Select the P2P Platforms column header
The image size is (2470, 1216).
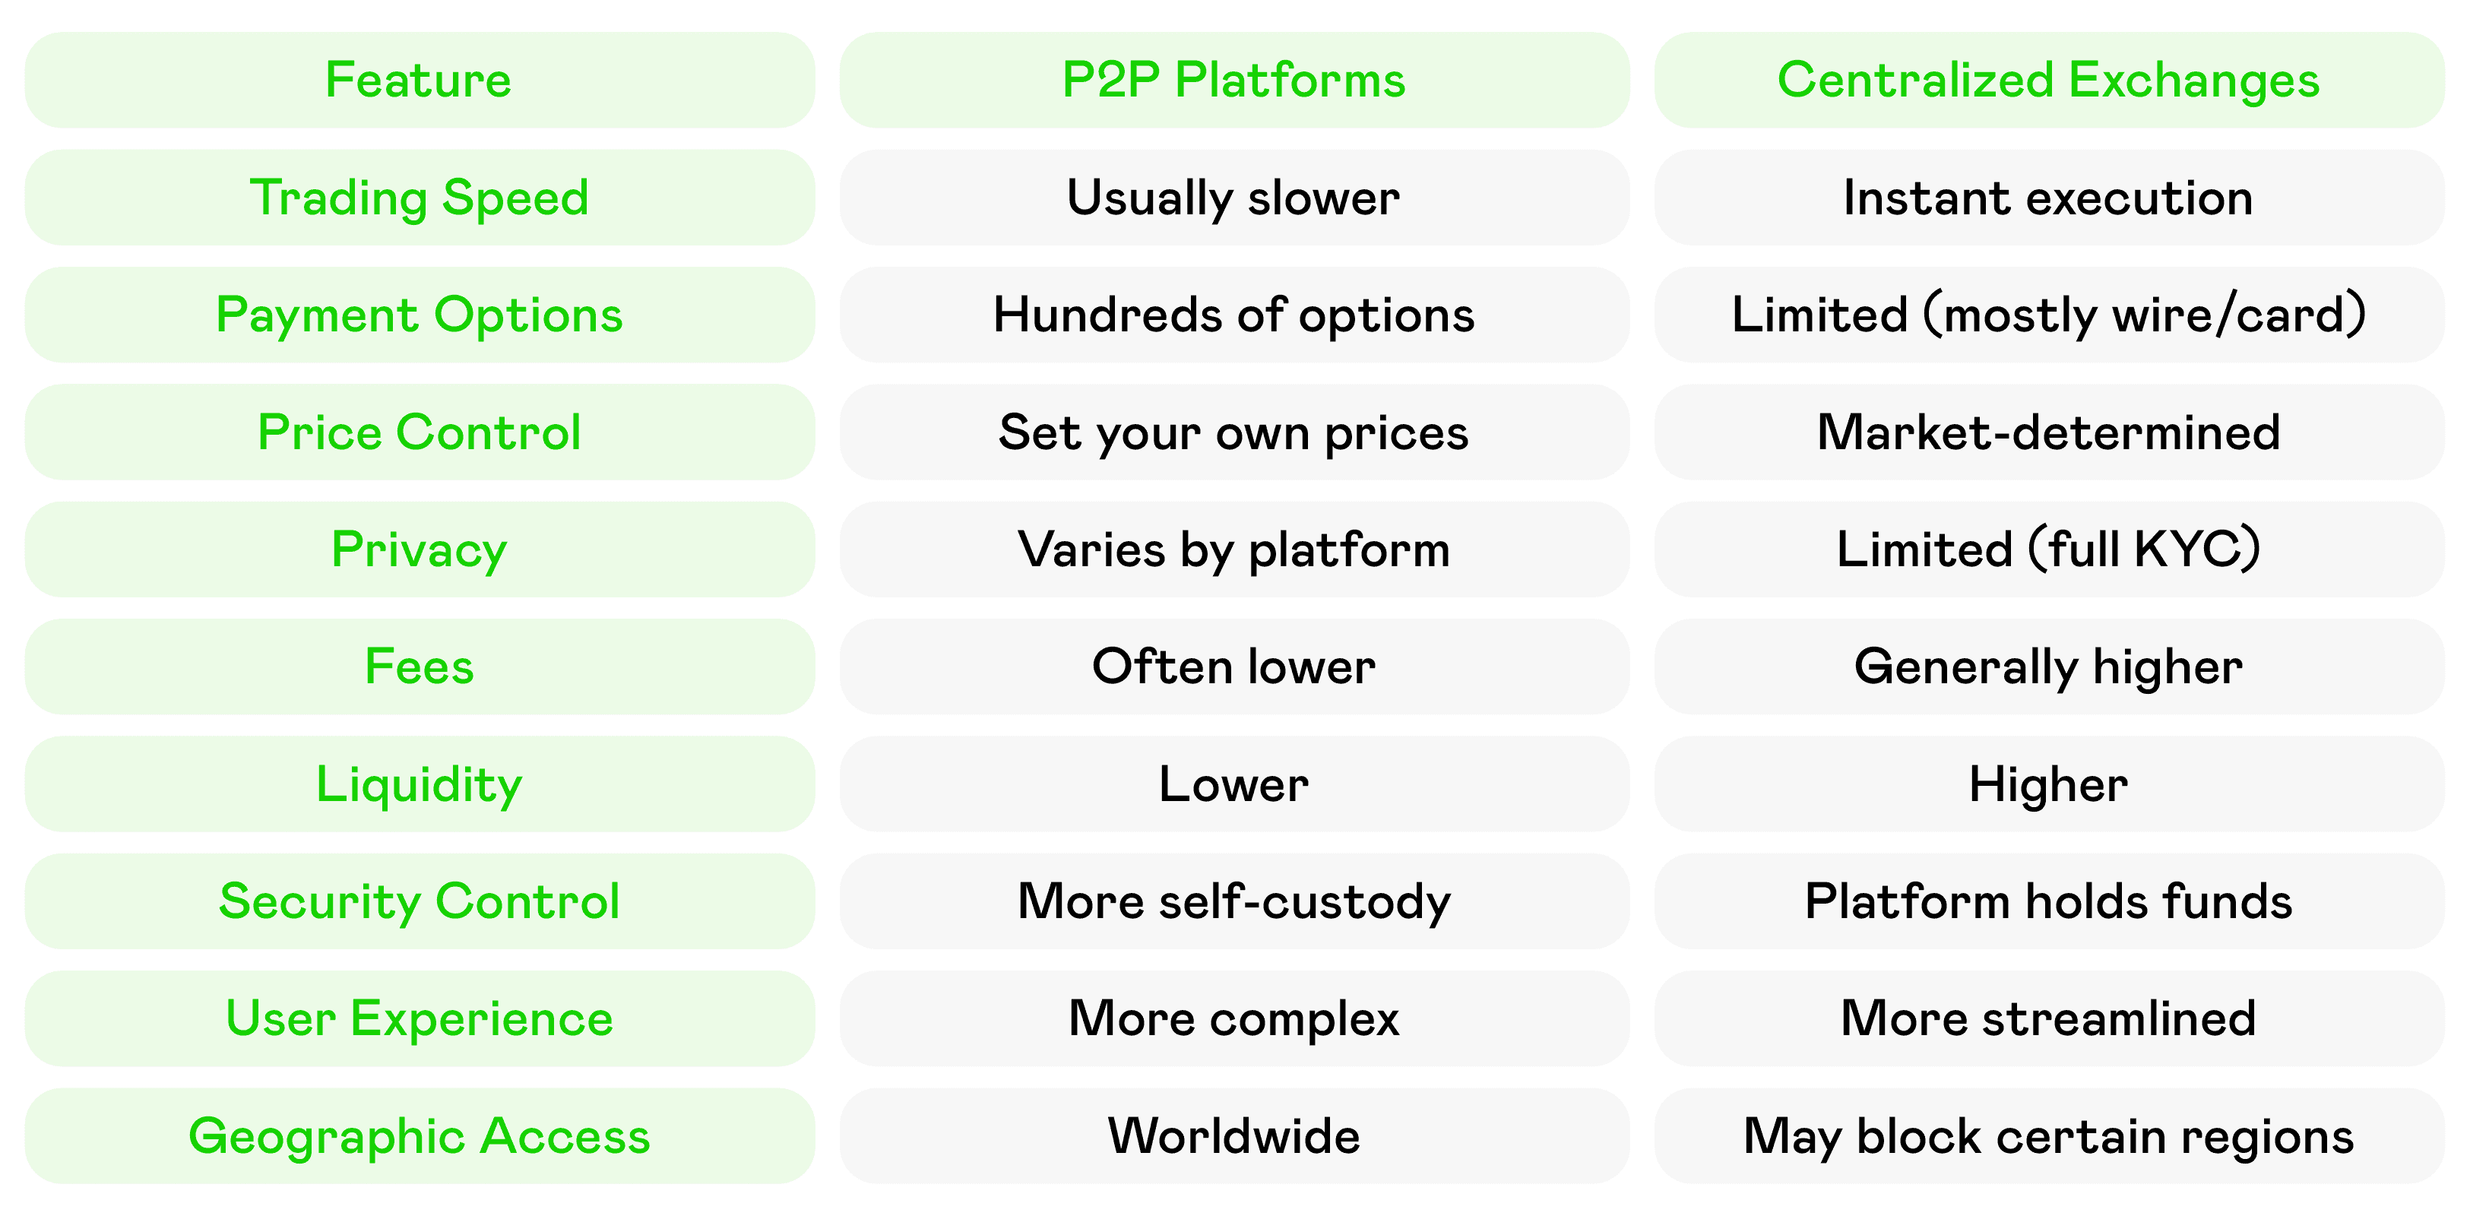[1234, 80]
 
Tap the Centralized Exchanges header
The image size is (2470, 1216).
[2049, 80]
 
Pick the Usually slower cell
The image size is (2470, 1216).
[1234, 198]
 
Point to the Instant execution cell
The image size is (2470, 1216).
[2049, 198]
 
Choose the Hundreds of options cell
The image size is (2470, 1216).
[1234, 315]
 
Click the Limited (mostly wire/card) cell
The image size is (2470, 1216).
[2049, 315]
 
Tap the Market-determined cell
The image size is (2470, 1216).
[2049, 432]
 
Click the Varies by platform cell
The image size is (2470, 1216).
[1234, 549]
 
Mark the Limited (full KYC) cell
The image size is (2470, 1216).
[2049, 549]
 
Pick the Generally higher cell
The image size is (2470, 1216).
[2049, 667]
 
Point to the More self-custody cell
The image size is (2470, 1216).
[1234, 901]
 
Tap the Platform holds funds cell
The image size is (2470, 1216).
[2049, 901]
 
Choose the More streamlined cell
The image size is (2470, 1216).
[2049, 1018]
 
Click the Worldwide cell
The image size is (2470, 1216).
[1234, 1135]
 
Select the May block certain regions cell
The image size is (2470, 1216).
[2049, 1135]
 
